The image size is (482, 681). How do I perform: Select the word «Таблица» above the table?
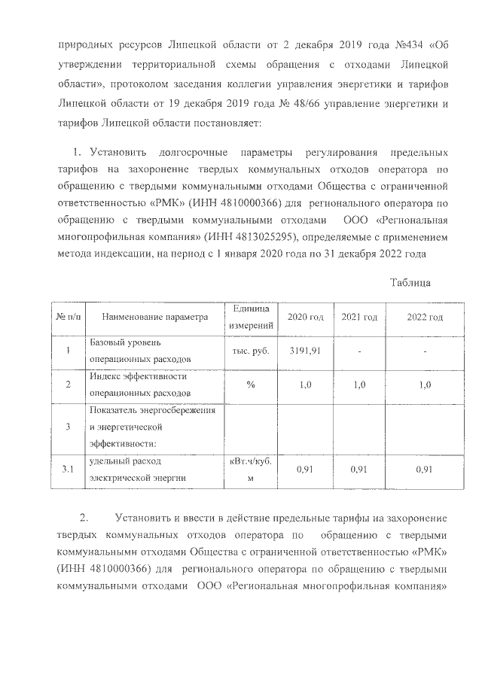(410, 282)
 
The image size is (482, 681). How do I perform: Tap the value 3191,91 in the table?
(305, 351)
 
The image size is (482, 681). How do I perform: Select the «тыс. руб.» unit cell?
(252, 351)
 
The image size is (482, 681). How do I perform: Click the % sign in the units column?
(252, 385)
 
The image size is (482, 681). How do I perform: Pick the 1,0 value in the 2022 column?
(424, 385)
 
